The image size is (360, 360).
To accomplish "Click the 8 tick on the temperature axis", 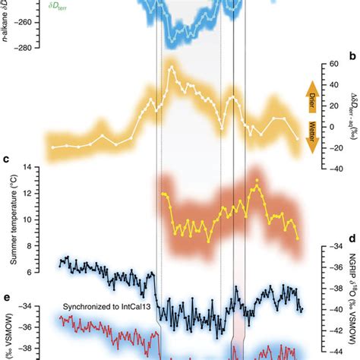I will pos(32,245).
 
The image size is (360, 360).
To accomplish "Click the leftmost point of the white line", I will pos(52,147).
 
